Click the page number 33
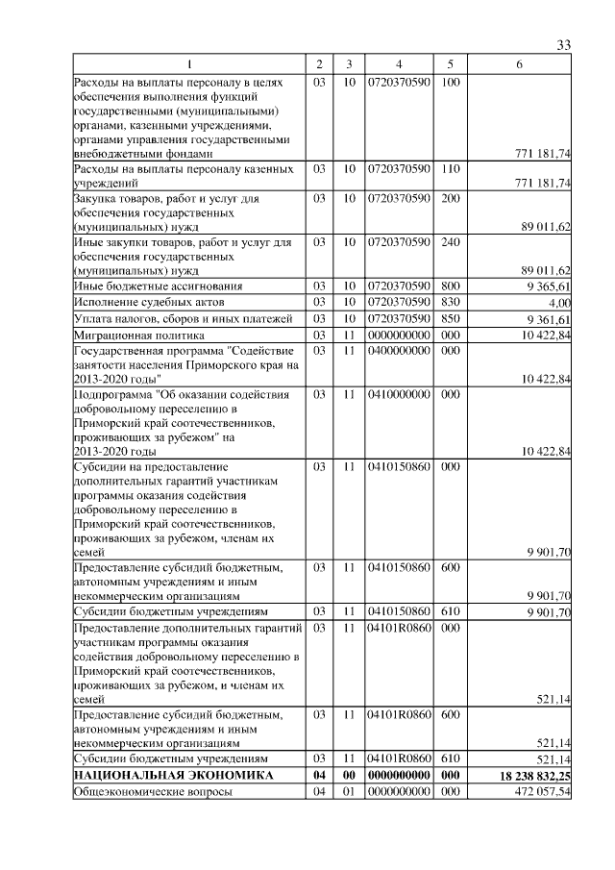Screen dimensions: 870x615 point(564,45)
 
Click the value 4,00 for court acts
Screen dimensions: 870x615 point(559,303)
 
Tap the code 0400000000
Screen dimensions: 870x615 point(399,351)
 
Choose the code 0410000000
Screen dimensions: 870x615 point(399,394)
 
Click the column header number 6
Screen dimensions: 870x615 point(519,64)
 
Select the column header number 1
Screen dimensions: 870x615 point(188,64)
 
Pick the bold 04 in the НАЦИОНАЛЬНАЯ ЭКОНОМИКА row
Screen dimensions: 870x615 point(319,775)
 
